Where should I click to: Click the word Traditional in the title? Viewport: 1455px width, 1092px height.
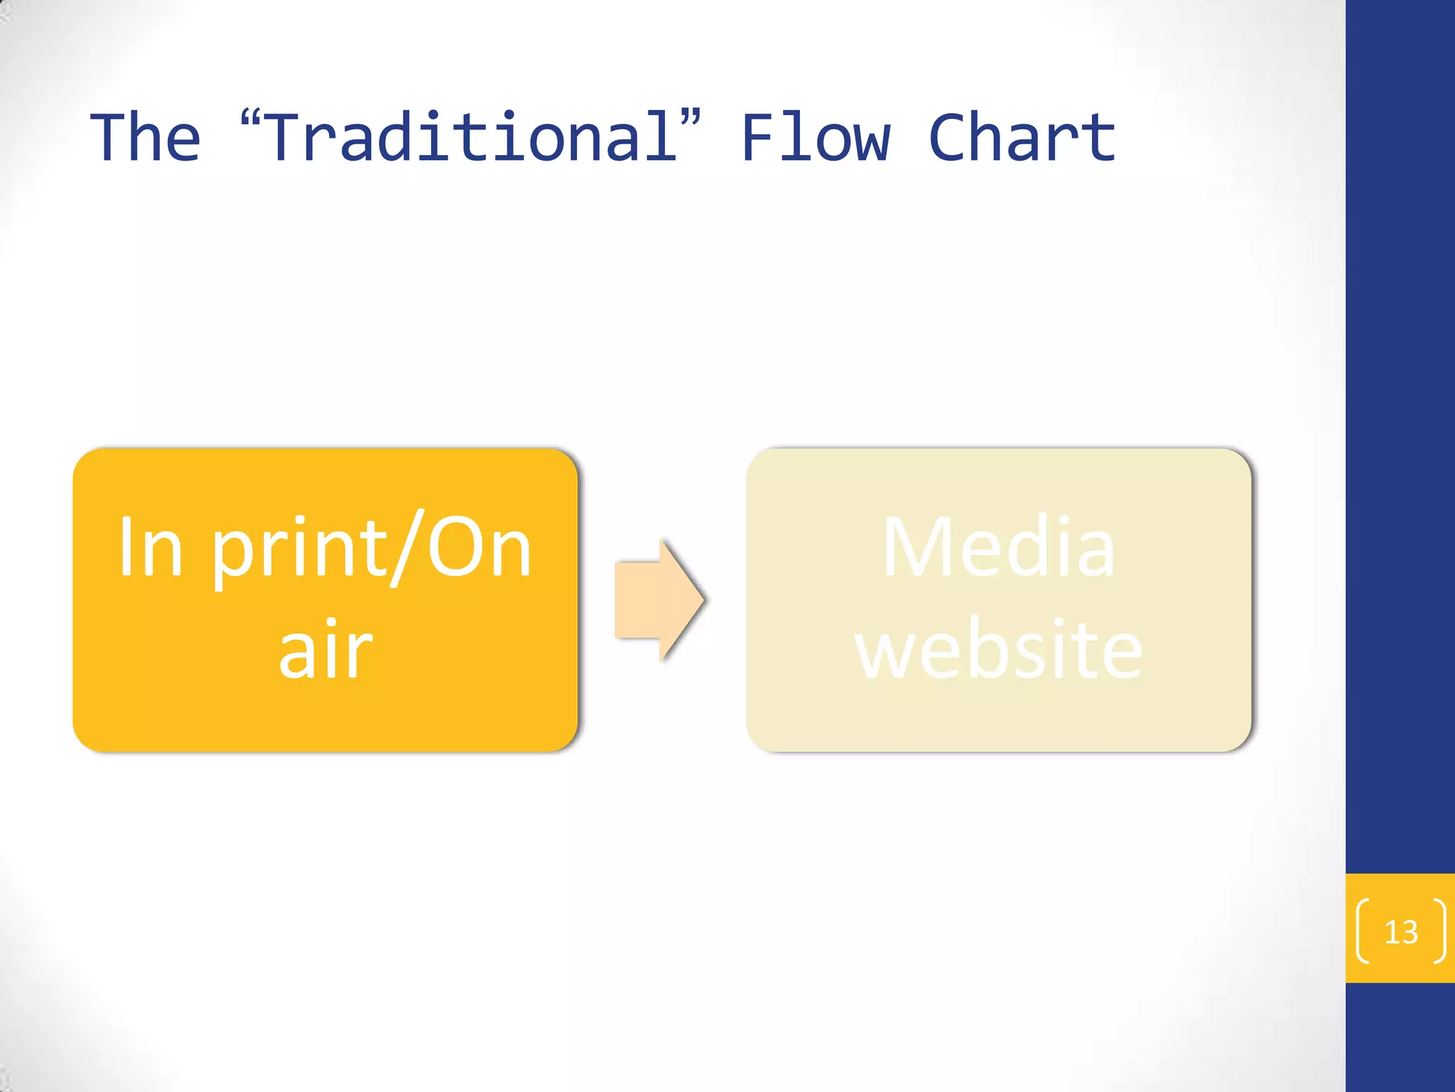click(x=471, y=138)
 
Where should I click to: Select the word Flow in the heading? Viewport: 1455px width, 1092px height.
click(x=815, y=138)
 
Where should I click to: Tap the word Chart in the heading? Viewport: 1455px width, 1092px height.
click(x=1022, y=138)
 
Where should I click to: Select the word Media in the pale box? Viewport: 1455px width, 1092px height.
click(x=998, y=548)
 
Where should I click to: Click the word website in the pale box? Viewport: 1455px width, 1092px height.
click(x=998, y=649)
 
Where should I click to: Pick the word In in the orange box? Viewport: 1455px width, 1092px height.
click(x=150, y=548)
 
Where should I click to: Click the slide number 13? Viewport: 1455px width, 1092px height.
click(x=1401, y=932)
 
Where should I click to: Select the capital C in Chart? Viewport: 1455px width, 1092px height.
click(x=951, y=138)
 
